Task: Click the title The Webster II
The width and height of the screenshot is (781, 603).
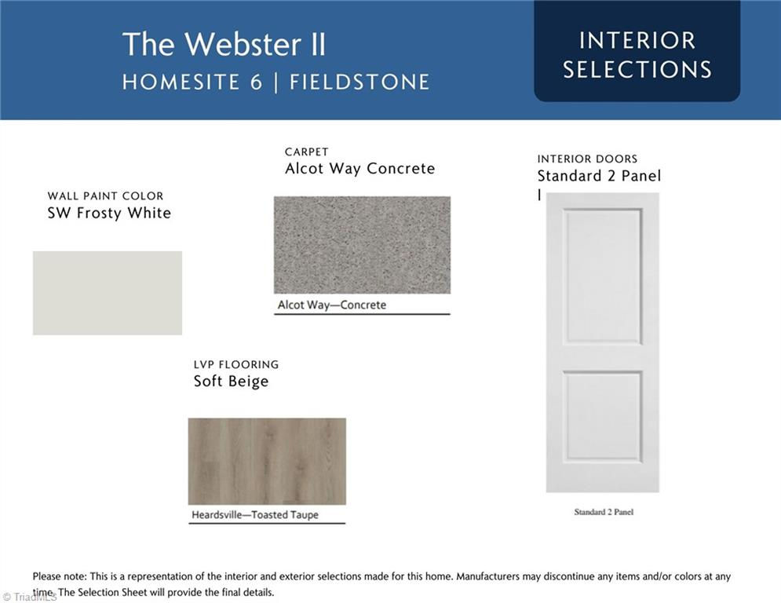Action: point(224,44)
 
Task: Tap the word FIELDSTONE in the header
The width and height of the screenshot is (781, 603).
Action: point(359,82)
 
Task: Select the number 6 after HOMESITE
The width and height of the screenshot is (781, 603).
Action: point(256,82)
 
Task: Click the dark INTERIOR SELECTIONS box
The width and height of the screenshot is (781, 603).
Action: point(637,51)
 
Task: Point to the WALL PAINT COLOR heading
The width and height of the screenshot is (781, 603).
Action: point(106,196)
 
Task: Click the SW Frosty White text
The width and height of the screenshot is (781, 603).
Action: point(109,213)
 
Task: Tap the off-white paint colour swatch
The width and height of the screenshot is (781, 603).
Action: point(108,293)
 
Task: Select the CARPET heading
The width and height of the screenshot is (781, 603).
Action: point(307,152)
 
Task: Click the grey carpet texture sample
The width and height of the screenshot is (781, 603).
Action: point(362,245)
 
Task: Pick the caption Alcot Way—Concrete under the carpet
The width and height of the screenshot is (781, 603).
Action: point(332,305)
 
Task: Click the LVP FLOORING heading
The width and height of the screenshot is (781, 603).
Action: point(236,364)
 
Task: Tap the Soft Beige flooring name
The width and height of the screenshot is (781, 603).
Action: point(231,382)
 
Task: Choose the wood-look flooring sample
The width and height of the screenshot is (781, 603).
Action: point(267,462)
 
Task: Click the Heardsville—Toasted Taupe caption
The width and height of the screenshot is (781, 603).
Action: point(255,515)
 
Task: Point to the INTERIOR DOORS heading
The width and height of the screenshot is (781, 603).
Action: point(587,159)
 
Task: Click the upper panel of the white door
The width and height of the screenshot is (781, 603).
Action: point(603,276)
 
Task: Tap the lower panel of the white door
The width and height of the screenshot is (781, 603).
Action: point(603,415)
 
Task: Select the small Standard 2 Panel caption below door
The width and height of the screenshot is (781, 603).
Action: point(604,512)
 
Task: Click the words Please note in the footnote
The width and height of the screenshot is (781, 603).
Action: point(60,576)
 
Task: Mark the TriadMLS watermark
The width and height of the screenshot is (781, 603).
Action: point(30,597)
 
